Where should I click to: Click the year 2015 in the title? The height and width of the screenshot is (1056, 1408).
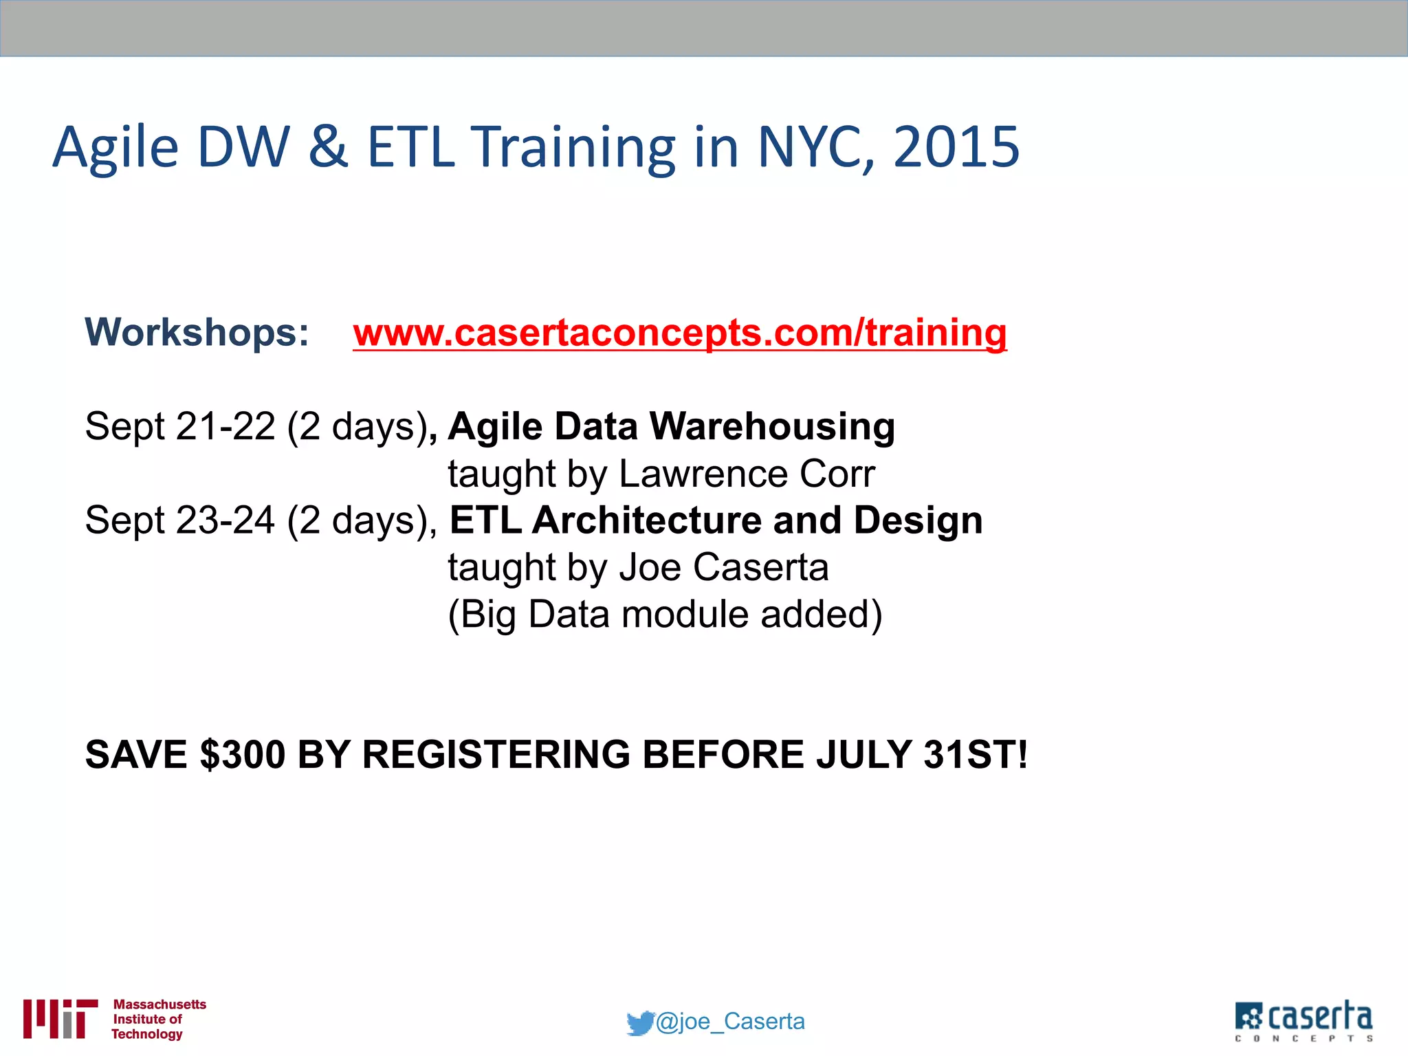click(x=956, y=147)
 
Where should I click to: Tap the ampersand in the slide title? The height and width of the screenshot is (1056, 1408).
click(x=328, y=147)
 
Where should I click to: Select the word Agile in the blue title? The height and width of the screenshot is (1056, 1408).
click(x=115, y=148)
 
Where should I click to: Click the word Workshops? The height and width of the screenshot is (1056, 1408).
click(x=197, y=332)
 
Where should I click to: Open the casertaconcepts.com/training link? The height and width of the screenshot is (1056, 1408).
click(x=679, y=333)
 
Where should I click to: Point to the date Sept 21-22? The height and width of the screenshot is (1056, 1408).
click(x=179, y=426)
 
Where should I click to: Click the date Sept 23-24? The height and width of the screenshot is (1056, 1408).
click(x=179, y=520)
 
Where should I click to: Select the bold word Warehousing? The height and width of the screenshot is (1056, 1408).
click(x=772, y=426)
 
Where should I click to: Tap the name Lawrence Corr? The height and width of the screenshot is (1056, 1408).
click(x=747, y=474)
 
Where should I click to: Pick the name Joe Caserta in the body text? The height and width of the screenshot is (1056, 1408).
click(x=723, y=567)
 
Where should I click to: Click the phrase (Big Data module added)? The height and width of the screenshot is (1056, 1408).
click(x=665, y=614)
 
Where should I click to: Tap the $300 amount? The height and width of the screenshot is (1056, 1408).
click(x=242, y=754)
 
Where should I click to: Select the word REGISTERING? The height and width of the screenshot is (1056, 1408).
click(x=496, y=754)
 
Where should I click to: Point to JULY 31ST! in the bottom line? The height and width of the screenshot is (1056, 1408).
click(x=921, y=754)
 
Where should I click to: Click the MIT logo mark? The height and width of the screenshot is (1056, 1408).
click(x=60, y=1018)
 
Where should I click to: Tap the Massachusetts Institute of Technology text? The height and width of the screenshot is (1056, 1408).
click(x=158, y=1019)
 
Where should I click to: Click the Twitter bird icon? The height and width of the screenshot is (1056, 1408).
click(x=639, y=1022)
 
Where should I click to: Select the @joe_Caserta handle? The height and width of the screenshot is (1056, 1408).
click(x=730, y=1022)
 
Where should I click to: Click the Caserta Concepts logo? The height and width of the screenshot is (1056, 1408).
click(x=1303, y=1020)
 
